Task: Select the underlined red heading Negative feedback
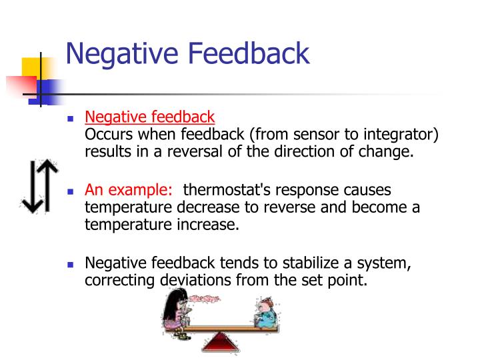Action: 149,117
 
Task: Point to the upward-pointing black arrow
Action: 43,185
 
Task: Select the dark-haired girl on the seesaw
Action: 177,310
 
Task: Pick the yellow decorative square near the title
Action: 35,71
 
